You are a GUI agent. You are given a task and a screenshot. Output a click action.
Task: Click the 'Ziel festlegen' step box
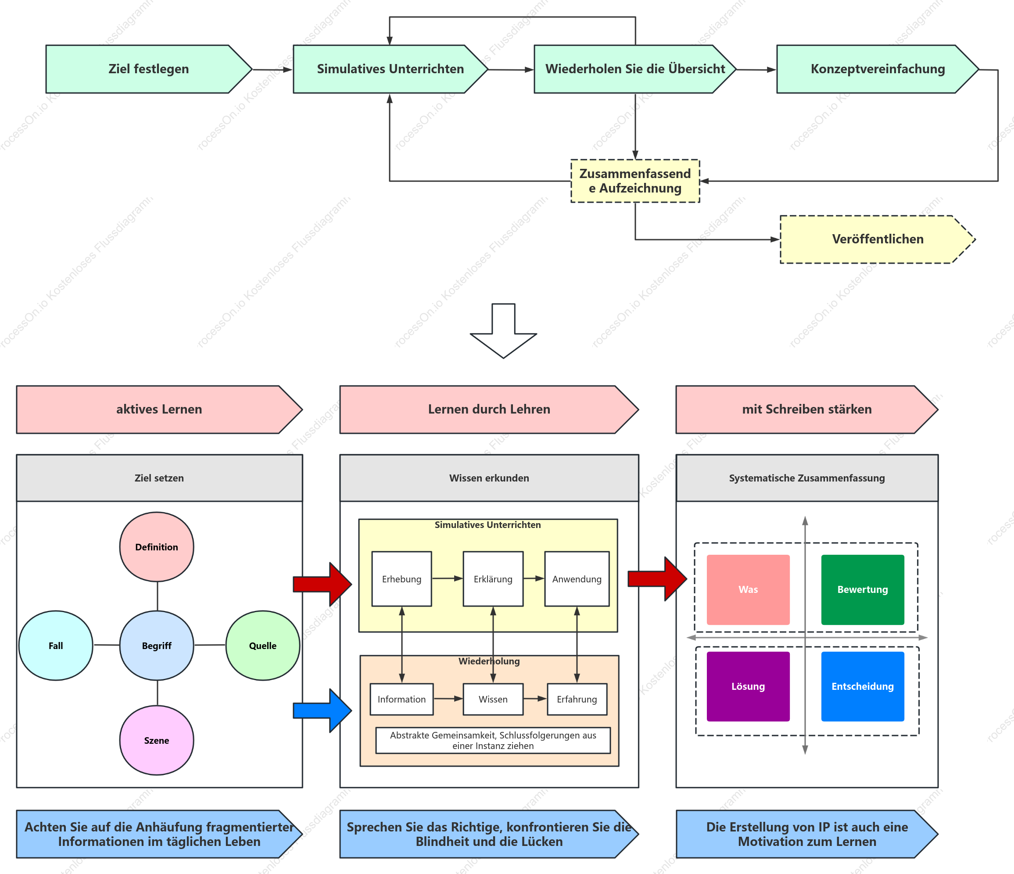(149, 69)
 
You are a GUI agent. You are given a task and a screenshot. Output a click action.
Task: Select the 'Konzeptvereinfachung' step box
(878, 69)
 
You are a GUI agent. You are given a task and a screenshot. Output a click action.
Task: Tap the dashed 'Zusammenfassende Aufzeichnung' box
(635, 181)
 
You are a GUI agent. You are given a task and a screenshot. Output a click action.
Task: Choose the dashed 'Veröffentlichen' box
(878, 239)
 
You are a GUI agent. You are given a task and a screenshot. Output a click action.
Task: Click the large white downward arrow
(503, 331)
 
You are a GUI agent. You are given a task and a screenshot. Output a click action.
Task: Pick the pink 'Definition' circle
(157, 547)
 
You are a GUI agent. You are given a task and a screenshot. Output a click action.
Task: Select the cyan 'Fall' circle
(56, 646)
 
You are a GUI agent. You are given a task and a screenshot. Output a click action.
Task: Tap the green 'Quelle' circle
(263, 646)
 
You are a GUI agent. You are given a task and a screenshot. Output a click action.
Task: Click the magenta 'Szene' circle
(157, 741)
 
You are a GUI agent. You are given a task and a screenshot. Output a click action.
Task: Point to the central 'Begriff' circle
(157, 646)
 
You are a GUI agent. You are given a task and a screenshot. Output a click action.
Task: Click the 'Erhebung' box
(402, 579)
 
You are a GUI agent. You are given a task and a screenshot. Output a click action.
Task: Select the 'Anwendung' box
(577, 579)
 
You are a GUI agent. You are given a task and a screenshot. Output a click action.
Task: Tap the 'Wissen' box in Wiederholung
(493, 699)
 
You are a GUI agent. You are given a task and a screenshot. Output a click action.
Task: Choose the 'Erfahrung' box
(577, 699)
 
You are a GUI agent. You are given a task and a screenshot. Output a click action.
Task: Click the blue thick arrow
(322, 710)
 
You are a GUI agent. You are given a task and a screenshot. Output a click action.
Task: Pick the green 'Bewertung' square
(863, 589)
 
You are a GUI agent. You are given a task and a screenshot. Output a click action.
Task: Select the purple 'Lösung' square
(748, 686)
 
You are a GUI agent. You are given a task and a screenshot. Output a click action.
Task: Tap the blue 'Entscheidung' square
(863, 686)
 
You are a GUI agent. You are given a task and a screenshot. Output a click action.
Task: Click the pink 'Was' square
(748, 589)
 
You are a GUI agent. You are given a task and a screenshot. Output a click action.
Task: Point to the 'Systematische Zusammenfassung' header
(807, 478)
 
